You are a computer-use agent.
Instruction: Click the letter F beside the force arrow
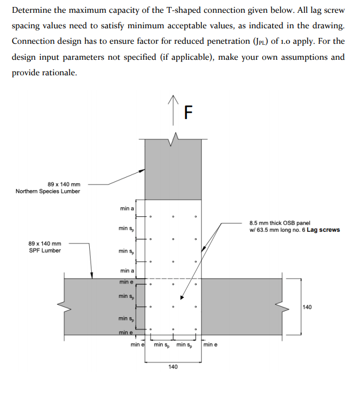tap(187, 113)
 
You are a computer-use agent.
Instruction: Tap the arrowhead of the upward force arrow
tap(173, 98)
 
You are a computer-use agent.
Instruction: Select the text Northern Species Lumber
tap(48, 191)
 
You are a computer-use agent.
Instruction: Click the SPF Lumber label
tap(44, 250)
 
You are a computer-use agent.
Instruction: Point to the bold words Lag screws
tap(323, 230)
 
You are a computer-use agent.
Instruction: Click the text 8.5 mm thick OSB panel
tap(279, 223)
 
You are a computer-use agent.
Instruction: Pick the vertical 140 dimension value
tap(307, 307)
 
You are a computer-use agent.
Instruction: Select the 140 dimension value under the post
tap(173, 367)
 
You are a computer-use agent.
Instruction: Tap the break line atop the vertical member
tap(173, 139)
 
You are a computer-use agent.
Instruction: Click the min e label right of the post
tap(210, 345)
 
